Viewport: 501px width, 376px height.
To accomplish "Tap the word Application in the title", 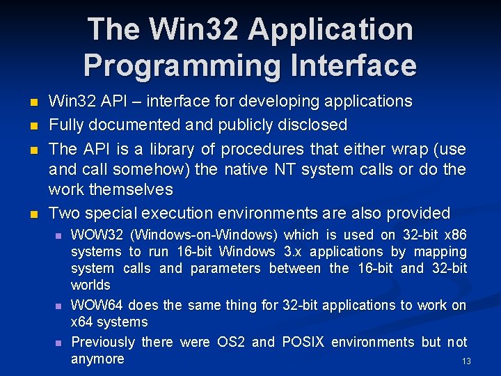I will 331,29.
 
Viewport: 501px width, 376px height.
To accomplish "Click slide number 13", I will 466,361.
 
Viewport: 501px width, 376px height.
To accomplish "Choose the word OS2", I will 231,342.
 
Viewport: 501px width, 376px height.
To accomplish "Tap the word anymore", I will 97,359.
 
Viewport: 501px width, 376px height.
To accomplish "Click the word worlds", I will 90,285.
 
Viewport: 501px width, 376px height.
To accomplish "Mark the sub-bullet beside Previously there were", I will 58,343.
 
